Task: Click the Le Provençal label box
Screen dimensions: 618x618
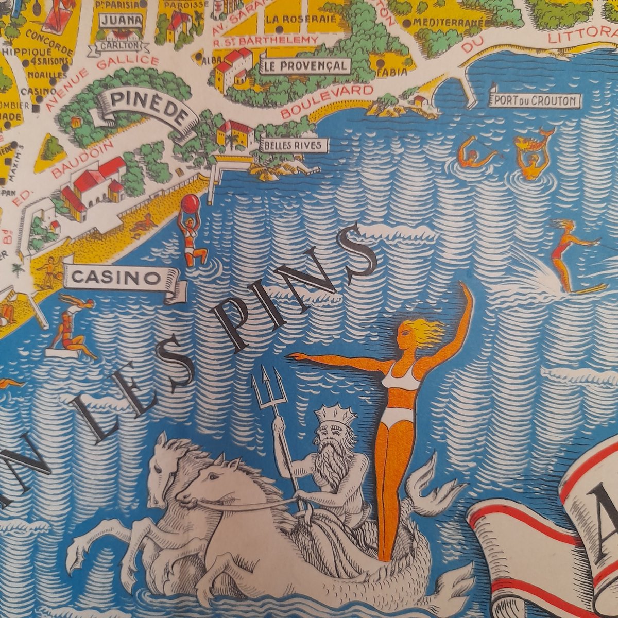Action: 306,66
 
